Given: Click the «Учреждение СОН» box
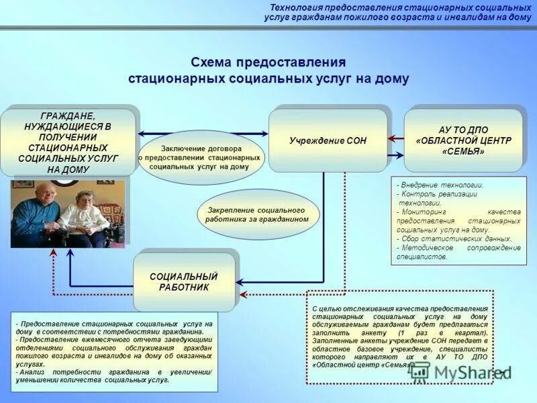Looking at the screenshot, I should click(328, 140).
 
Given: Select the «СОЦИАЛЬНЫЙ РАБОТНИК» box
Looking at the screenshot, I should click(184, 281).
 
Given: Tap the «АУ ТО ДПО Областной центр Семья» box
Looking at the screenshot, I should click(463, 140).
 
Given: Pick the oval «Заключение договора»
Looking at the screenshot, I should click(201, 157).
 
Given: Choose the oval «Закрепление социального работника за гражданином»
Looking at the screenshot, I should click(258, 215).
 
